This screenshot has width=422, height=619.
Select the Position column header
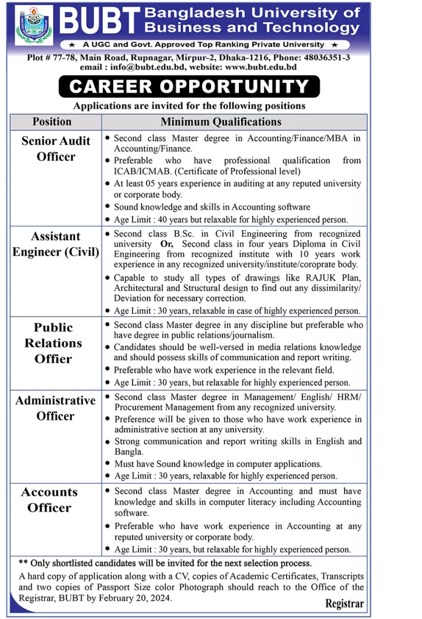[x=52, y=122]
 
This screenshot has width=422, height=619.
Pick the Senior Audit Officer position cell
[x=56, y=149]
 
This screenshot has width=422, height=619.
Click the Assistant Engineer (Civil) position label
[x=56, y=244]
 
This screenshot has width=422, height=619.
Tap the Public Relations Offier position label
[x=53, y=343]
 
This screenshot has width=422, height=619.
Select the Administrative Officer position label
[x=56, y=408]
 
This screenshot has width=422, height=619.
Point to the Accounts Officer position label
[x=50, y=500]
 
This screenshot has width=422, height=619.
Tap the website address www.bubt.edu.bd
[x=260, y=68]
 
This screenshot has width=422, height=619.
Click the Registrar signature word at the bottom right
[x=345, y=604]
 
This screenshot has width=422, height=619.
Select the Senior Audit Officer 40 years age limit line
[x=231, y=220]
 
